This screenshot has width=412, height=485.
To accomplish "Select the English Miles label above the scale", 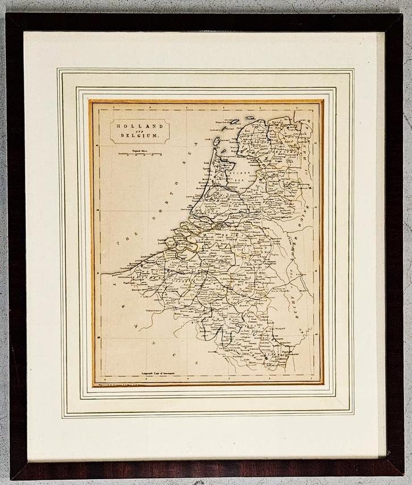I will pyautogui.click(x=140, y=150).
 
